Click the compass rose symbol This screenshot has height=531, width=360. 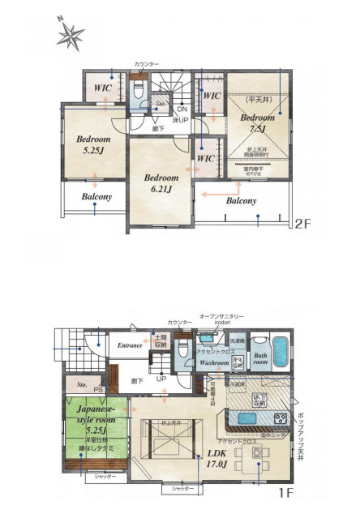[71, 35]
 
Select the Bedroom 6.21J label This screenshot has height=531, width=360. [161, 182]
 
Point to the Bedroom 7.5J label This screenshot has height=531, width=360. [258, 122]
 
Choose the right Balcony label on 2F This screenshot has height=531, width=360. [241, 199]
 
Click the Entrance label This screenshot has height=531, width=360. [130, 345]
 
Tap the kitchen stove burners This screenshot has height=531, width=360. [280, 419]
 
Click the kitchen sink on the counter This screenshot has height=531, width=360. [245, 418]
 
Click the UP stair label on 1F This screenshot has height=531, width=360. [161, 378]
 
